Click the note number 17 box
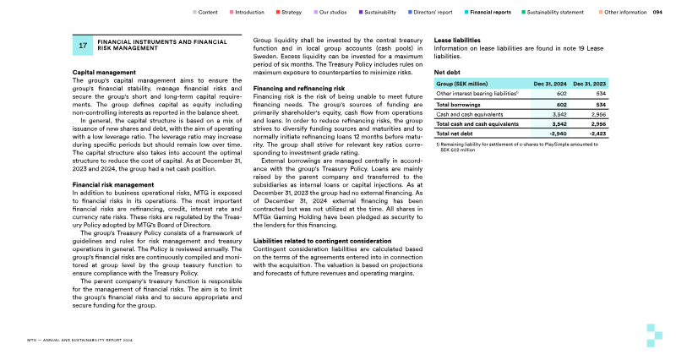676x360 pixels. [x=83, y=46]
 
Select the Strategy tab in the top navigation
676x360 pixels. [x=291, y=13]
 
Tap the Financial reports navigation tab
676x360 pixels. [x=489, y=13]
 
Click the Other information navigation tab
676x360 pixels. [x=625, y=13]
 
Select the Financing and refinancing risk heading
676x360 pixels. [x=298, y=88]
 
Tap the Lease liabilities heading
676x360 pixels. [x=457, y=41]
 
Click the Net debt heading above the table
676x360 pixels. [x=447, y=73]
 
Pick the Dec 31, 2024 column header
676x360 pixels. [x=549, y=85]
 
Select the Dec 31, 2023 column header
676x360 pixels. [x=588, y=85]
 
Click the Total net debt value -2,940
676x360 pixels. [x=553, y=133]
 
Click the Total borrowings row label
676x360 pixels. [x=453, y=104]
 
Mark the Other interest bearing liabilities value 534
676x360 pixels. [x=597, y=94]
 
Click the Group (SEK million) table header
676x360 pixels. [x=461, y=85]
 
